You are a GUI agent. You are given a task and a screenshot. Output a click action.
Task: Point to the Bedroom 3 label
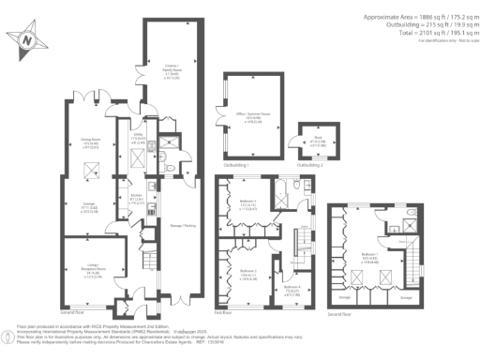[x=245, y=205]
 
